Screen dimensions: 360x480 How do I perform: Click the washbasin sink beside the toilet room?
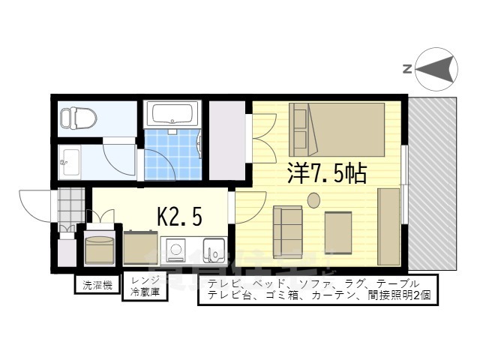72,159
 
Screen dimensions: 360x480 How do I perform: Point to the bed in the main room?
337,127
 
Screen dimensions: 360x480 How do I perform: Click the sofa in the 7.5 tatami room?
288,231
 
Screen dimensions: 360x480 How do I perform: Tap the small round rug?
313,199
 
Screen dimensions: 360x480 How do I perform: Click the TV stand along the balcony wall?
388,226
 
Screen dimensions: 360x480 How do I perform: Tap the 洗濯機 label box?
97,285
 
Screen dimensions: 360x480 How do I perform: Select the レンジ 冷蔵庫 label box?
145,286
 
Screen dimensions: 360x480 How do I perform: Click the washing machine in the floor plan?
99,250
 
